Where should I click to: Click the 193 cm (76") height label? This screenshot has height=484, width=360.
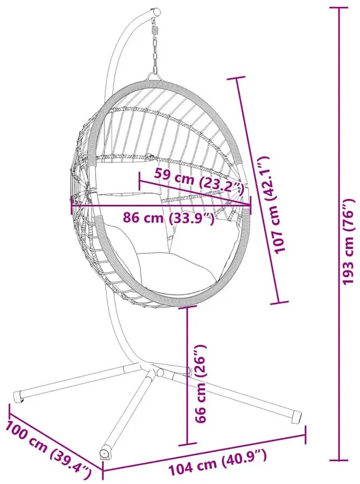[349, 241]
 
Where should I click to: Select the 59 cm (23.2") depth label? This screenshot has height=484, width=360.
[200, 181]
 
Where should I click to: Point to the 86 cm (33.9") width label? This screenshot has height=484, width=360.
[168, 218]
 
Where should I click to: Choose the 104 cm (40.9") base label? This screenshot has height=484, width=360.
[218, 460]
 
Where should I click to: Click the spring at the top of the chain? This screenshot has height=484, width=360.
[156, 30]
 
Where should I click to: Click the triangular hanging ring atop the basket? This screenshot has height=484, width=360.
[154, 76]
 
